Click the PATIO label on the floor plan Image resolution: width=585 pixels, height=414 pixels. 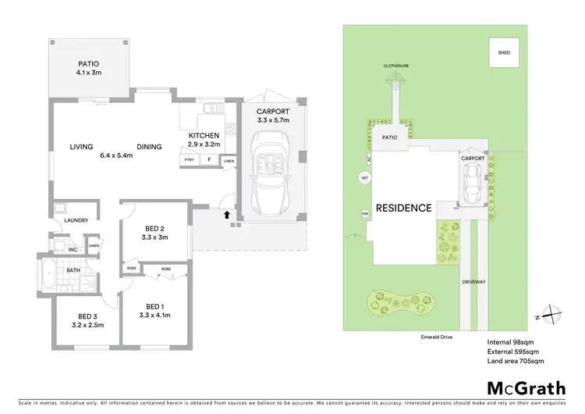89,64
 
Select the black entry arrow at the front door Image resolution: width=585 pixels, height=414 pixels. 227,212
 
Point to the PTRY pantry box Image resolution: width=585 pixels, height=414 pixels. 189,160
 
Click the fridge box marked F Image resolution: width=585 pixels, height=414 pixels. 209,160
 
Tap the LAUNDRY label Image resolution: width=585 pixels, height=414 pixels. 76,220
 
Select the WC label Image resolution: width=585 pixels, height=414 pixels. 71,250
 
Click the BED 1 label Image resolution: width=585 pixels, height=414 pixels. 154,306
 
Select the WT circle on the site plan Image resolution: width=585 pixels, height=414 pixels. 364,178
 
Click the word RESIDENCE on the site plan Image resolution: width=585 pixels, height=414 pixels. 403,208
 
